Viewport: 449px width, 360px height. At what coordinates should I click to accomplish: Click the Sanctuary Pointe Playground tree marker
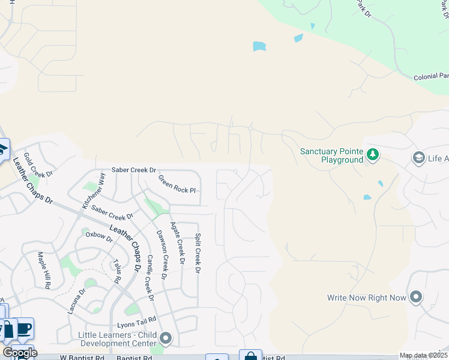(x=373, y=155)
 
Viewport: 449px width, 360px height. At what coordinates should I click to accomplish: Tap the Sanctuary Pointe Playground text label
(x=333, y=156)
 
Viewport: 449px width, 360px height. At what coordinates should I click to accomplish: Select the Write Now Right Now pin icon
(x=416, y=298)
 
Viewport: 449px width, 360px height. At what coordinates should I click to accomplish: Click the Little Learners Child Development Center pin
(x=165, y=339)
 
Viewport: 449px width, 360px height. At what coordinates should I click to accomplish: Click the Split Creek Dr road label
(x=197, y=253)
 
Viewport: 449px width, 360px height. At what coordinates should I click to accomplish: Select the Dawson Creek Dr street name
(x=162, y=255)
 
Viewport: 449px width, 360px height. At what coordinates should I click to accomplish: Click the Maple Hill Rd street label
(x=44, y=271)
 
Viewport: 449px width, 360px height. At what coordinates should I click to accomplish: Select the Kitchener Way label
(x=94, y=190)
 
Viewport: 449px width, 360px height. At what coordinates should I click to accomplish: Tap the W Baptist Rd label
(x=82, y=358)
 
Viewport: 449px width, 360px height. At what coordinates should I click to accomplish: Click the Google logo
(x=20, y=353)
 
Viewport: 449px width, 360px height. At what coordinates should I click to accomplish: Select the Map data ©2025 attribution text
(x=423, y=356)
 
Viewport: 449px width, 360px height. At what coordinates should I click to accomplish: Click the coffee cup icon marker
(x=24, y=329)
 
